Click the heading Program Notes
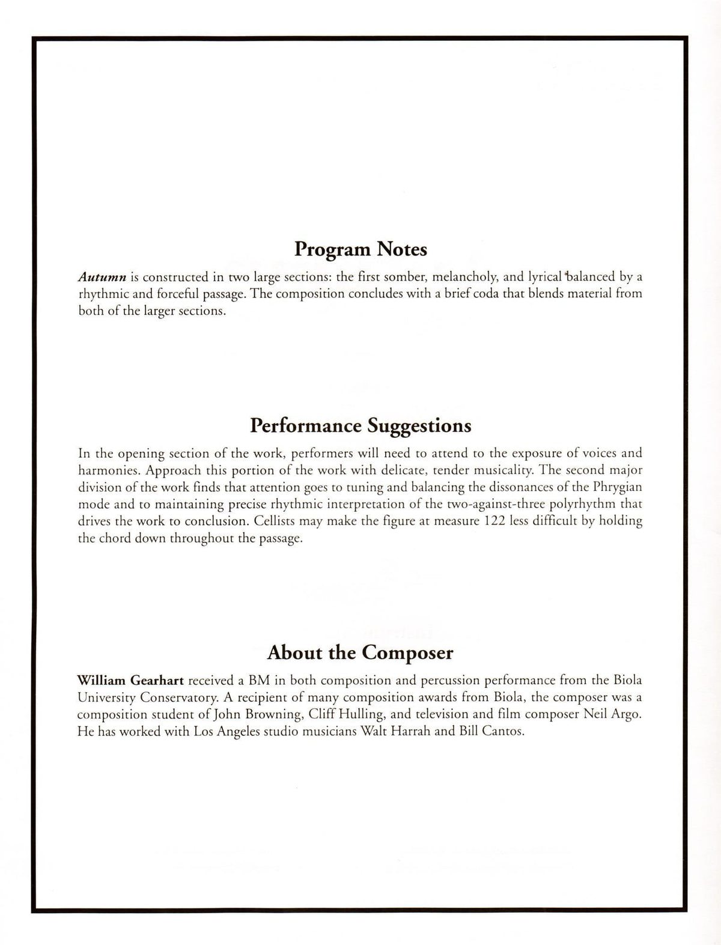pos(360,249)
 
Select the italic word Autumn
pos(102,277)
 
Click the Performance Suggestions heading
pos(360,426)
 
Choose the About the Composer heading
pos(360,652)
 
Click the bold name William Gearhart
pos(130,681)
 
